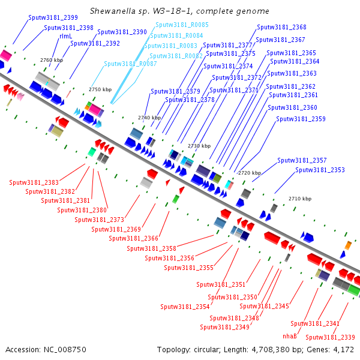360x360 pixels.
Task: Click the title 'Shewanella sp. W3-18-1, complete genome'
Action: pos(179,11)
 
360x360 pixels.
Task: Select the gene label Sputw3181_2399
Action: pos(53,17)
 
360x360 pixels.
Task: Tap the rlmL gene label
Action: pos(65,36)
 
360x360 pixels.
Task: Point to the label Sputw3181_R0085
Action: pos(182,25)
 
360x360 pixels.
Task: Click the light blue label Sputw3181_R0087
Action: pos(130,64)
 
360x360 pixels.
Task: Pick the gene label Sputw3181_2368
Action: pos(281,27)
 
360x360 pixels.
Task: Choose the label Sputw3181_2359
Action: pos(301,119)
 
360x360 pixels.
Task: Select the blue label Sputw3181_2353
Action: pos(320,170)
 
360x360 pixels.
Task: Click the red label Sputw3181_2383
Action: pos(34,182)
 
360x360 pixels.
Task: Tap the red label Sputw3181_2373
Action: pos(100,220)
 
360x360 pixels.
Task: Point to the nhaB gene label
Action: pos(290,336)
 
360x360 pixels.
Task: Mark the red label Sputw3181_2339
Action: pos(331,337)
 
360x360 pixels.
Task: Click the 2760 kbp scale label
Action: pos(52,60)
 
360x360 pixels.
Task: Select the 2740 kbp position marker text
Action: pos(149,118)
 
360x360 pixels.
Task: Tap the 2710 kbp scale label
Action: pos(300,199)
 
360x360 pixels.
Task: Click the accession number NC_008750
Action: pos(65,350)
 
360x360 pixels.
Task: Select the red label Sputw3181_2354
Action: pos(185,307)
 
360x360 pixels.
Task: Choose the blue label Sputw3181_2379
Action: pos(175,91)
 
